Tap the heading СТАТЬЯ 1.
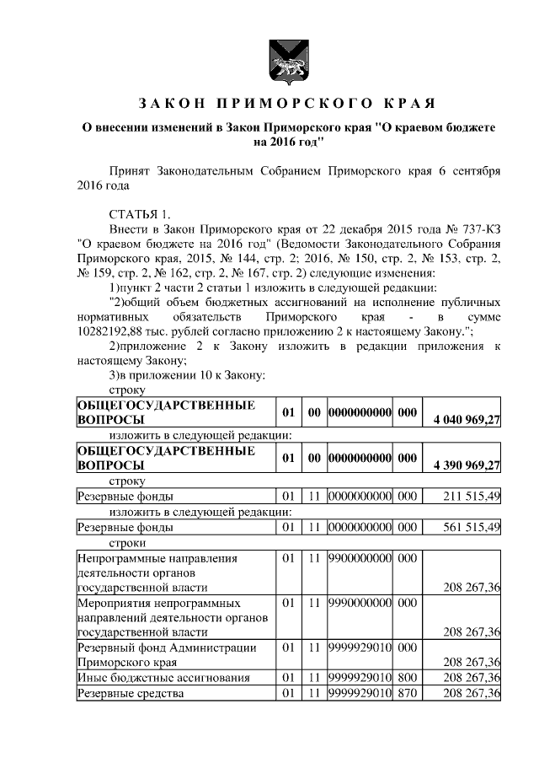[x=141, y=213]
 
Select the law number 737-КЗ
[x=474, y=228]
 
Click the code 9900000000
[x=360, y=558]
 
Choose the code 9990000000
[x=360, y=604]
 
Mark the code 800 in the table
[x=408, y=678]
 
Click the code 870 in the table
[x=408, y=694]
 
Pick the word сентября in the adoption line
[x=475, y=169]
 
